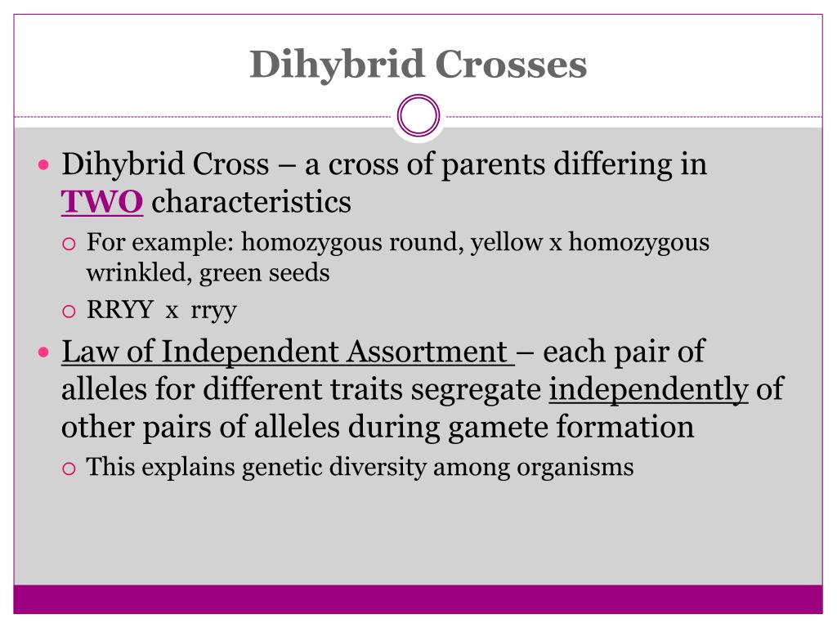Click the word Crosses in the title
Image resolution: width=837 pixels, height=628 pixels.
coord(511,64)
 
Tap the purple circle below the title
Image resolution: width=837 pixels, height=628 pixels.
coord(418,96)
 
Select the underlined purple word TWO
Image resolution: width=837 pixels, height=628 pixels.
coord(102,201)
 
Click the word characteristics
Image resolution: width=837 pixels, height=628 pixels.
coord(252,201)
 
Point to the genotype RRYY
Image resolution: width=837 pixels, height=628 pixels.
coord(119,310)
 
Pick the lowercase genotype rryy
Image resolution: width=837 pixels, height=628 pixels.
coord(213,311)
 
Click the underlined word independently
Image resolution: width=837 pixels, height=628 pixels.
coord(648,389)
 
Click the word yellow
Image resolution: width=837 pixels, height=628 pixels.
coord(506,242)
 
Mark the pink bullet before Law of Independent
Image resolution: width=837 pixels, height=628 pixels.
coord(44,352)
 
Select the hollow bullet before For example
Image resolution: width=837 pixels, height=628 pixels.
coord(69,244)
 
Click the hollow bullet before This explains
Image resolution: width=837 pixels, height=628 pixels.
coord(69,469)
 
